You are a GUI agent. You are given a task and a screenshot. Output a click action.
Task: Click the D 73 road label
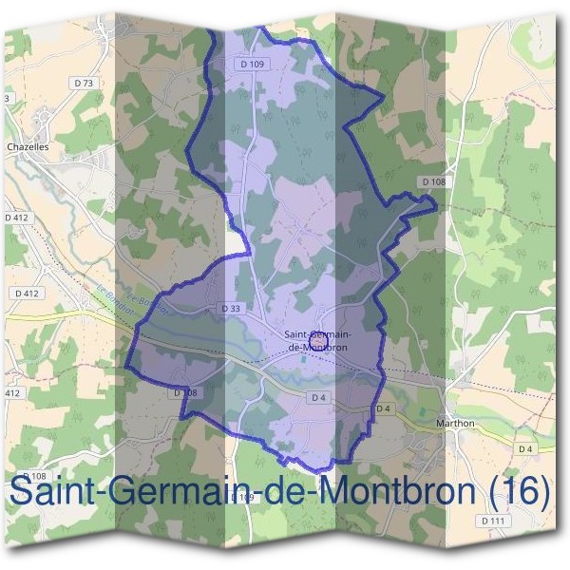(x=84, y=84)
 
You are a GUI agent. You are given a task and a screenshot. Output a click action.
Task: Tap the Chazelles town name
(x=28, y=147)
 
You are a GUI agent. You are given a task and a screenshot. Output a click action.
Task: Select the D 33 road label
(x=231, y=308)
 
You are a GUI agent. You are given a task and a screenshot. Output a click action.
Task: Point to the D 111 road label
(x=491, y=521)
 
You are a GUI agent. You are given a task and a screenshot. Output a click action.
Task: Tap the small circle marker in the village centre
(x=317, y=336)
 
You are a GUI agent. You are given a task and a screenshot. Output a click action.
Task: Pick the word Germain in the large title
(x=172, y=491)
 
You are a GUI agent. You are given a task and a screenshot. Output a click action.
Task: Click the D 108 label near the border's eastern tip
(x=432, y=181)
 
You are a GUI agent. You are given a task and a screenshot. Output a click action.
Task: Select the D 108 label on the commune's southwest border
(x=184, y=391)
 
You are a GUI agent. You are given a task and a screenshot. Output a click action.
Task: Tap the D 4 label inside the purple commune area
(x=318, y=397)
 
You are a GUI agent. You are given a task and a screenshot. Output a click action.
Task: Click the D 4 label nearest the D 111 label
(x=525, y=447)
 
